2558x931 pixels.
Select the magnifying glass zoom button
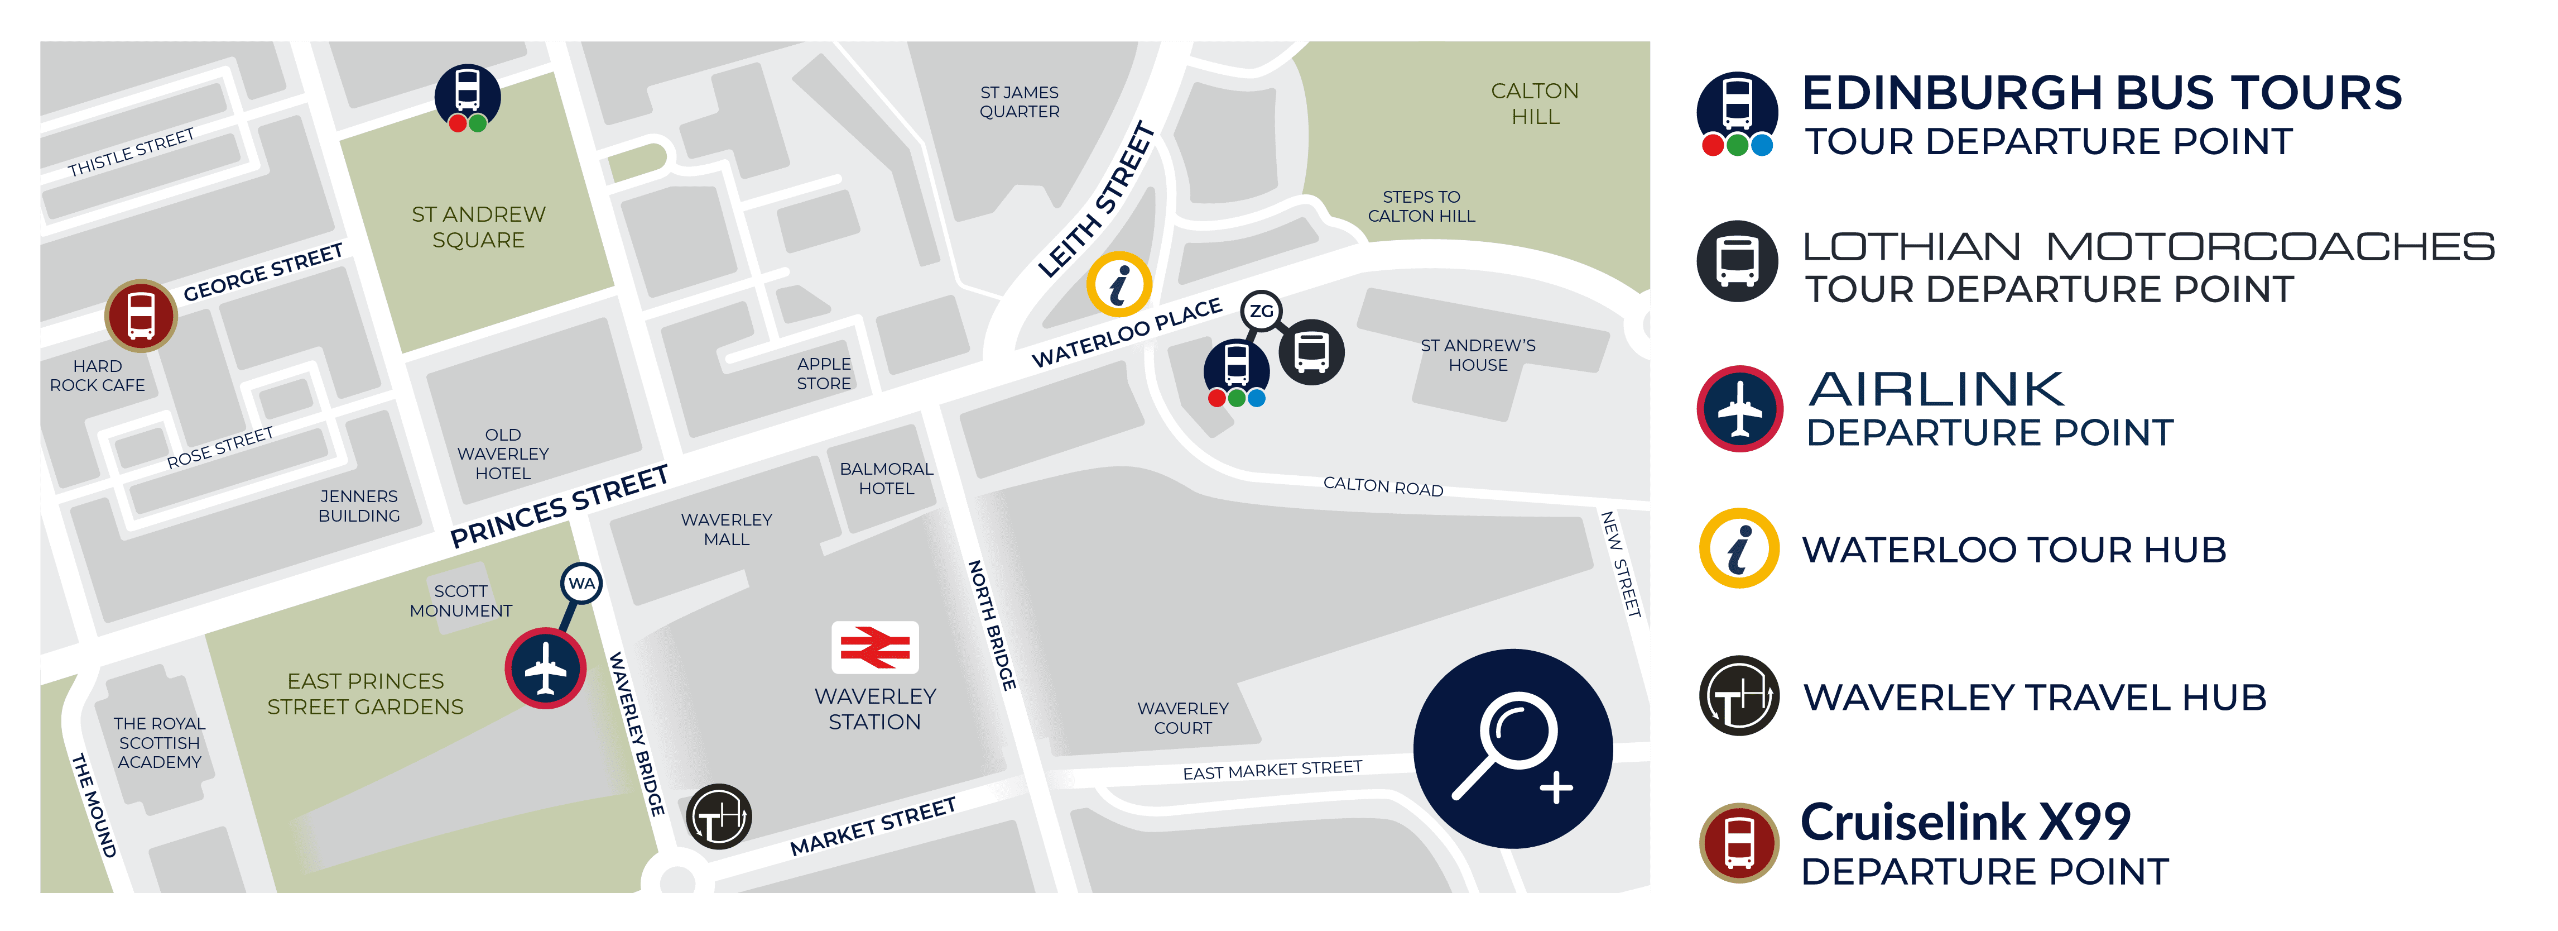pos(1512,748)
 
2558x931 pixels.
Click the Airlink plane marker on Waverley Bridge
pos(545,668)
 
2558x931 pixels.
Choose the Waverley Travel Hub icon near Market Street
pos(719,817)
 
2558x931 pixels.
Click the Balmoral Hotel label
pos(886,478)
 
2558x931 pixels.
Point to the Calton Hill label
pos(1534,103)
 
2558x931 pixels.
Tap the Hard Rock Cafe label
pos(97,375)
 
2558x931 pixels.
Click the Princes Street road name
pos(559,507)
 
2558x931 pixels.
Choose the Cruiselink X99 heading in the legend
pos(1965,822)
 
